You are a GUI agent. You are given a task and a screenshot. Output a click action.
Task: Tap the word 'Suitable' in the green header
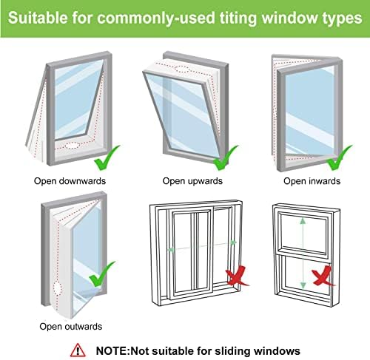(38, 18)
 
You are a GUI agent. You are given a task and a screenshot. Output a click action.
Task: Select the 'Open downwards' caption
(70, 181)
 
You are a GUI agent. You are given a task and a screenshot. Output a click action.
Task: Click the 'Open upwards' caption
(192, 181)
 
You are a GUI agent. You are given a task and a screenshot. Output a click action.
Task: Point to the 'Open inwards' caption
(312, 181)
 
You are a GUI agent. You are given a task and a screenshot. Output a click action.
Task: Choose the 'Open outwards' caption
(71, 327)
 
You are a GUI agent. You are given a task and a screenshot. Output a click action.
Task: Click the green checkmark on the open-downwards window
(106, 157)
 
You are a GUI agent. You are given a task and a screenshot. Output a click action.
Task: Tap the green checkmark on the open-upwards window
(225, 157)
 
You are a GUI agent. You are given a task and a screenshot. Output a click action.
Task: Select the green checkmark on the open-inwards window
(338, 157)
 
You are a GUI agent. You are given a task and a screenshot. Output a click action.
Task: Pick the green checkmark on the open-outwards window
(101, 274)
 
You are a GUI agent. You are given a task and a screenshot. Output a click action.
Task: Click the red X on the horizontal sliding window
(236, 276)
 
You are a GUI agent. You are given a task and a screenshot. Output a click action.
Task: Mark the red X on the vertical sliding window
(322, 276)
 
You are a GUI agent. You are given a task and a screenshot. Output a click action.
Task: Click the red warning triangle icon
(78, 350)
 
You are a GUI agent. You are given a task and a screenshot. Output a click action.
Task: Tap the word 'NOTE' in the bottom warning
(112, 350)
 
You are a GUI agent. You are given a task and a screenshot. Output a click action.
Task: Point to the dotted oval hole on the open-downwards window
(73, 146)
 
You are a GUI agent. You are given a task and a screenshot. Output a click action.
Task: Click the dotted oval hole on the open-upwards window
(182, 69)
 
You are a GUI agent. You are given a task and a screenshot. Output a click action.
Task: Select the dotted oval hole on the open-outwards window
(58, 289)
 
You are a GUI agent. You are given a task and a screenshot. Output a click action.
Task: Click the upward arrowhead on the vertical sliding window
(303, 221)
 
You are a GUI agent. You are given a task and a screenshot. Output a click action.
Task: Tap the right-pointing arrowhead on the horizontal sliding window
(233, 242)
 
